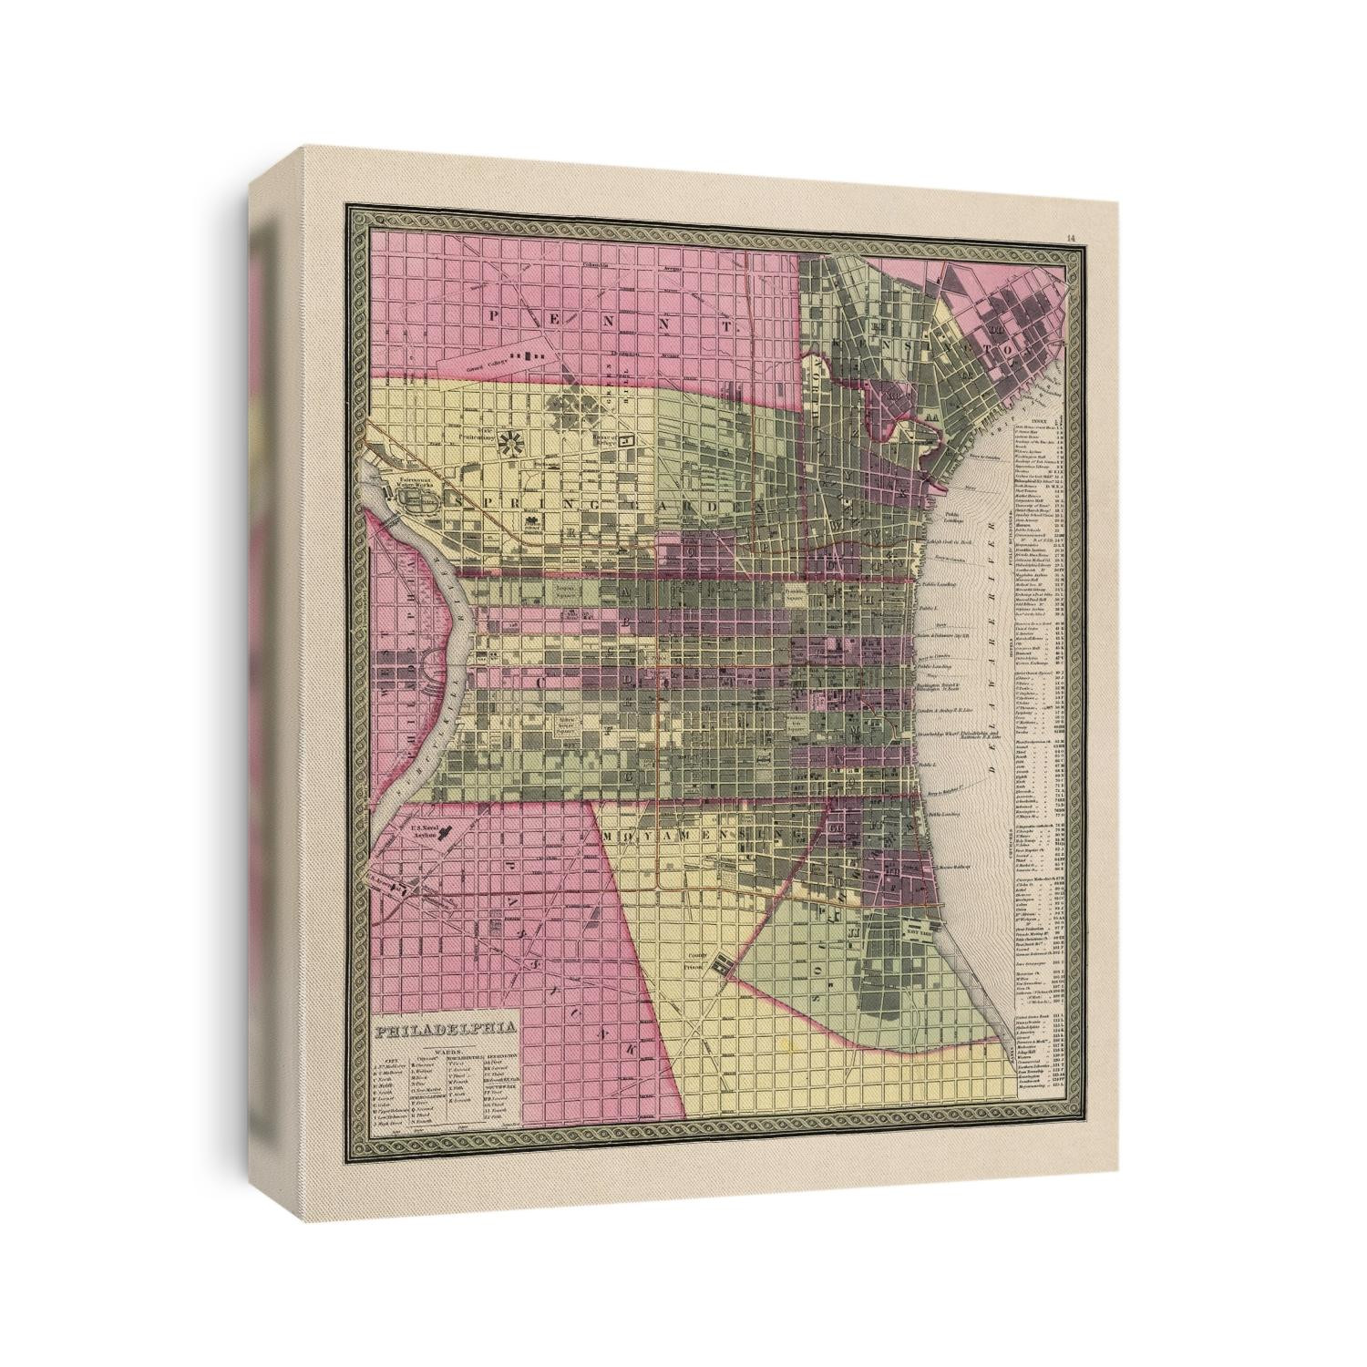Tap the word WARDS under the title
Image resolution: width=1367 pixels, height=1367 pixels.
446,1049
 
